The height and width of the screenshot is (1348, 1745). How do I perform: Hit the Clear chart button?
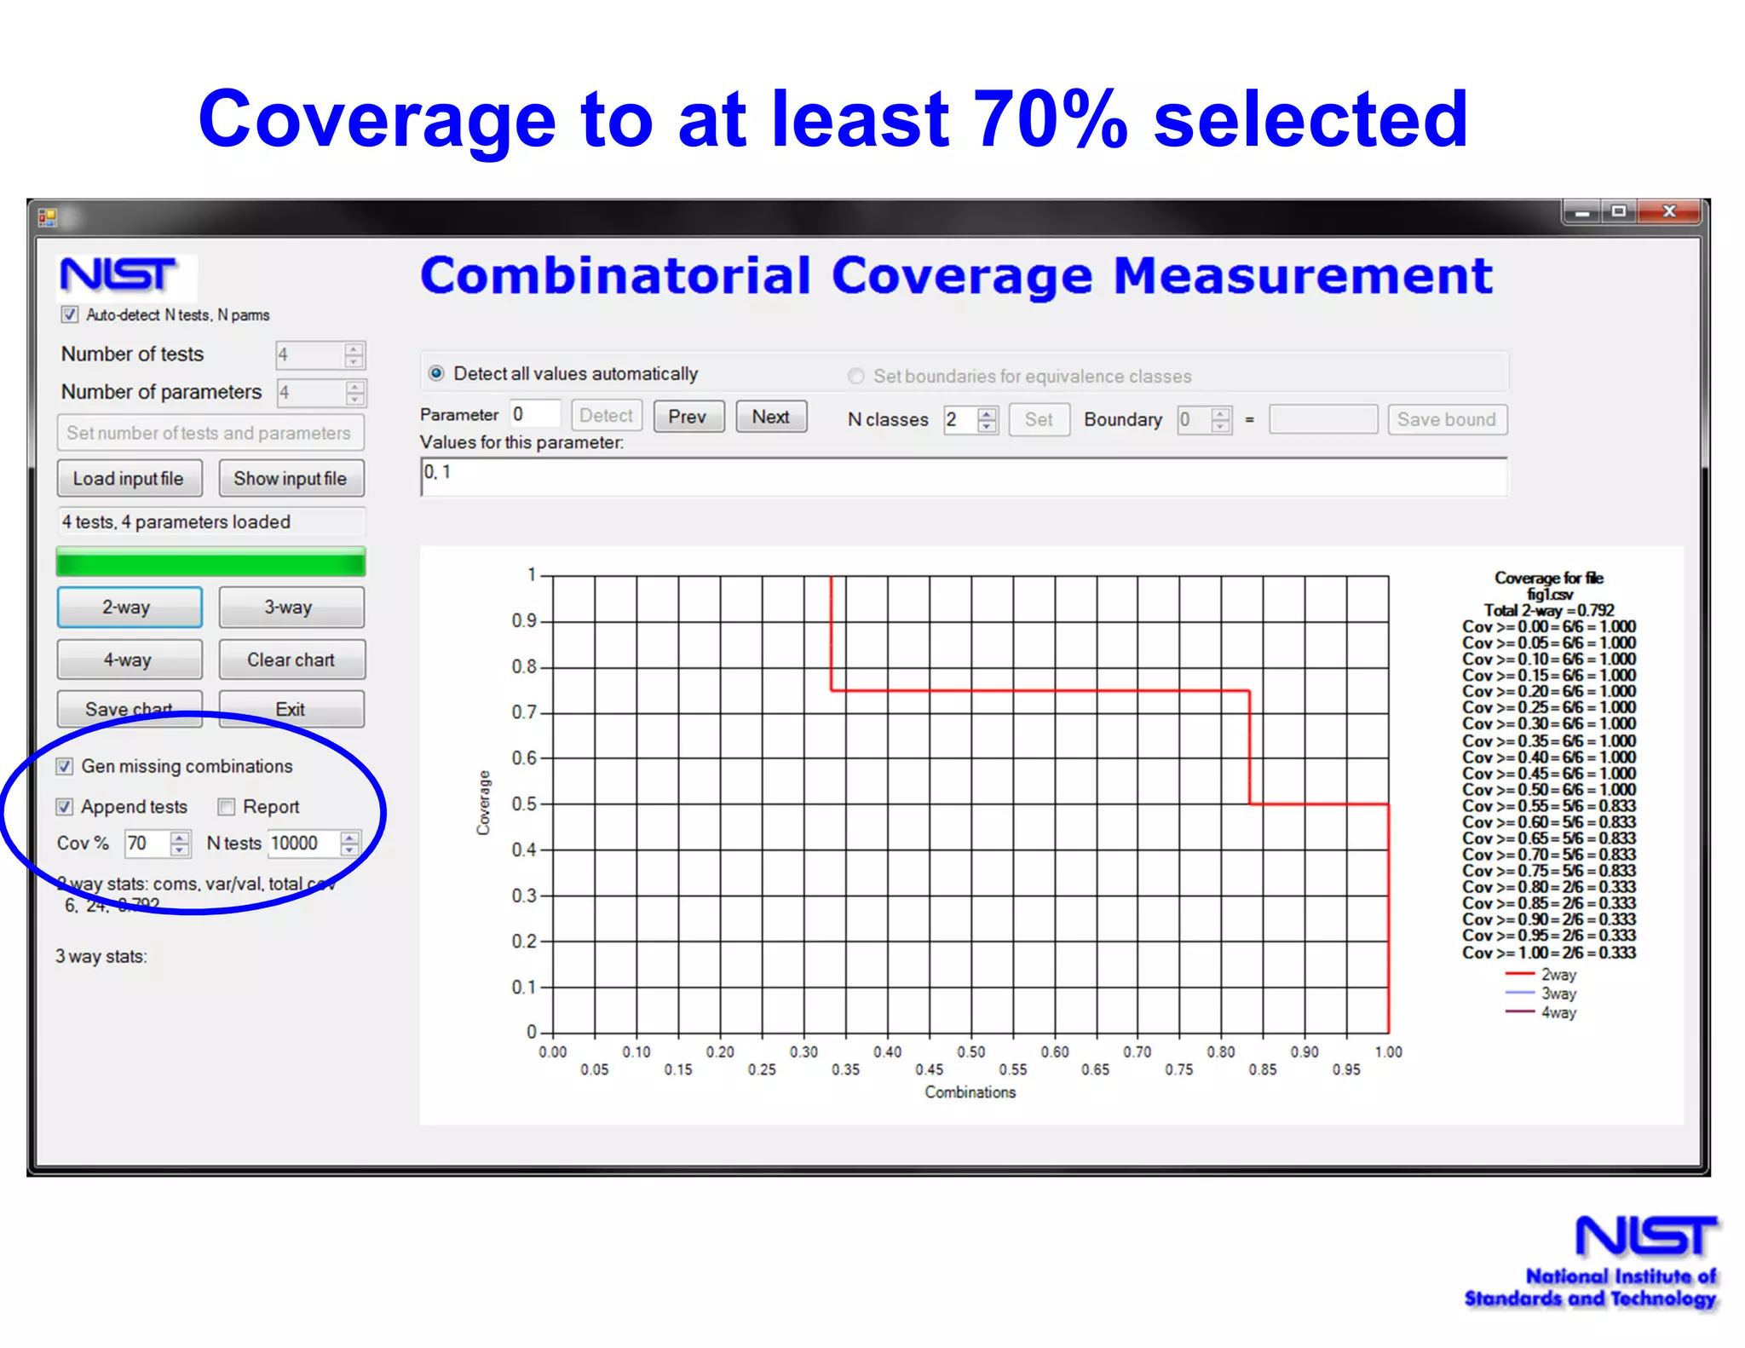(291, 660)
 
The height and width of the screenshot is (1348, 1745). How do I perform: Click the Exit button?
(291, 709)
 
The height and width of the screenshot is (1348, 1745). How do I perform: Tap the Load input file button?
(130, 479)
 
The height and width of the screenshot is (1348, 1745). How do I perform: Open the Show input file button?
(291, 479)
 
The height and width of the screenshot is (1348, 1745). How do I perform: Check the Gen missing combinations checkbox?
(65, 766)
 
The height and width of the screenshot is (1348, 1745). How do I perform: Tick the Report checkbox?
(227, 807)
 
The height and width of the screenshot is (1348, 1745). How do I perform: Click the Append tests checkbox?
(65, 807)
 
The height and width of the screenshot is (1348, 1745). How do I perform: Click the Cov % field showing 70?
(146, 844)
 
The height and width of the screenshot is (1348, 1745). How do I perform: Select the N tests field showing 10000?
(302, 844)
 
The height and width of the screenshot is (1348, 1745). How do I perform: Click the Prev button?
(688, 417)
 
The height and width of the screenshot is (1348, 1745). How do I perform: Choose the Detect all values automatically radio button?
(437, 373)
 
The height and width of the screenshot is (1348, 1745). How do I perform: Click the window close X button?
(1670, 212)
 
